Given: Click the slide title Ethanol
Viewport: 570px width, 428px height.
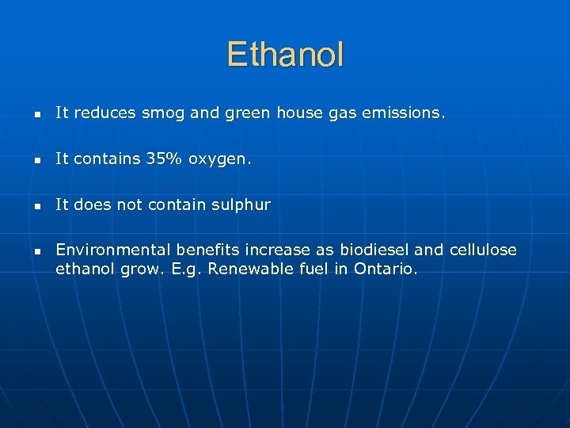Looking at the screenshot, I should (285, 55).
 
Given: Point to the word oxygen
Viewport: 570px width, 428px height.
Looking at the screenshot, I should (219, 160).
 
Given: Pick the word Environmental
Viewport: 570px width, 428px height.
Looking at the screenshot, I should (105, 250).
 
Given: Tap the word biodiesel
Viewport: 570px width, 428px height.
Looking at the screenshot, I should (371, 250).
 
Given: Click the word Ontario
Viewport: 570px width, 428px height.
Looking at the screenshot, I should (383, 269).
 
